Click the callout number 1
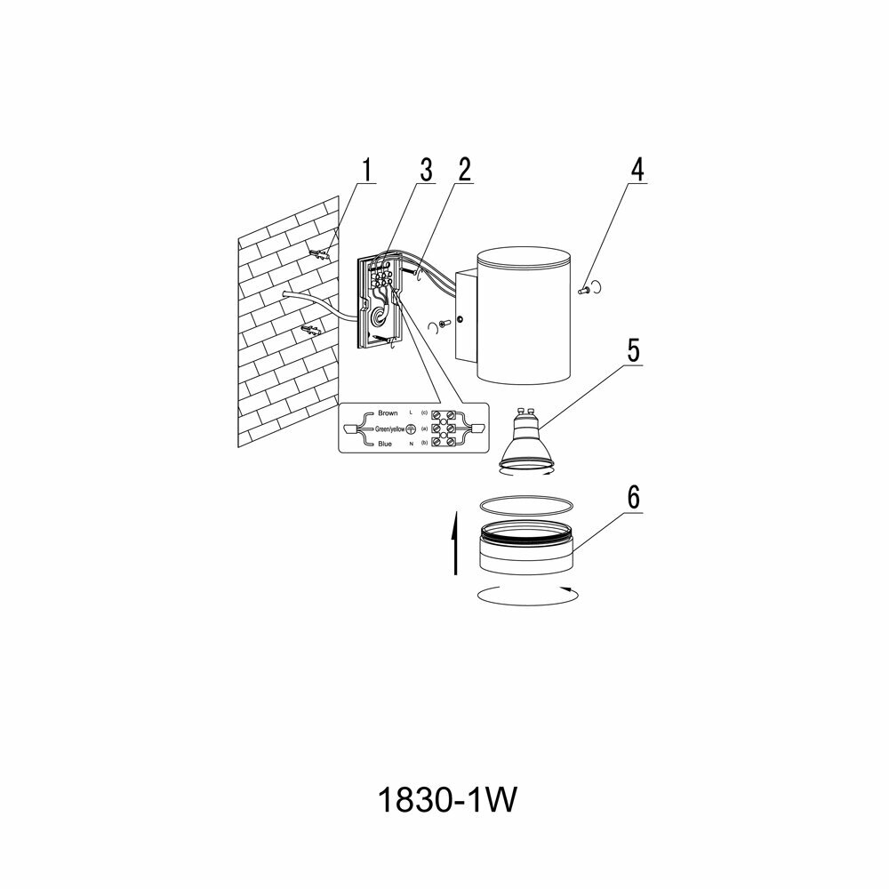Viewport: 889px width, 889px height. click(x=367, y=169)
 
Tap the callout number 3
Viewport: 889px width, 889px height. click(x=426, y=169)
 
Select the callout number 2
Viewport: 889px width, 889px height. click(x=464, y=169)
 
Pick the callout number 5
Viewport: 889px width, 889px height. click(x=632, y=348)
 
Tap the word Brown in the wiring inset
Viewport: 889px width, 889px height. click(x=388, y=413)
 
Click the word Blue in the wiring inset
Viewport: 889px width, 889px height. click(x=386, y=443)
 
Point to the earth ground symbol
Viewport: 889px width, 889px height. click(x=411, y=428)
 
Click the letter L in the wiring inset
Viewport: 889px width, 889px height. click(x=410, y=414)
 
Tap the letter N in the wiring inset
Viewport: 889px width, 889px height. click(x=410, y=443)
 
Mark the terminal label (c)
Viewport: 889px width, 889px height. click(x=425, y=414)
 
